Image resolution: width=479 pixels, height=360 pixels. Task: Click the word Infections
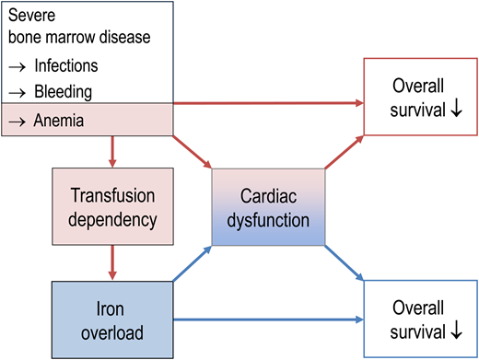[x=65, y=66]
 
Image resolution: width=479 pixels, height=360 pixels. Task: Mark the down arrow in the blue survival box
[x=447, y=331]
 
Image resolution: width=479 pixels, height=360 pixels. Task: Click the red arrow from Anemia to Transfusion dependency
[x=113, y=150]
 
